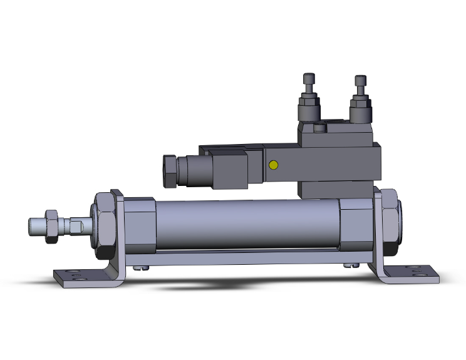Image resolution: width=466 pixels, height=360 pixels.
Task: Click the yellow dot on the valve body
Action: pos(272,165)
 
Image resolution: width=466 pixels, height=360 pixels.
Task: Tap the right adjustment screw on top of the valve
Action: pos(360,82)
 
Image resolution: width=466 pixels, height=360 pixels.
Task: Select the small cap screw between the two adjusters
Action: pos(321,128)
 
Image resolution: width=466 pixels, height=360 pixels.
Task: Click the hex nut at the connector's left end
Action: pos(170,170)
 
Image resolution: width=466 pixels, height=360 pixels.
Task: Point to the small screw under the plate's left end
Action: pos(144,269)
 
